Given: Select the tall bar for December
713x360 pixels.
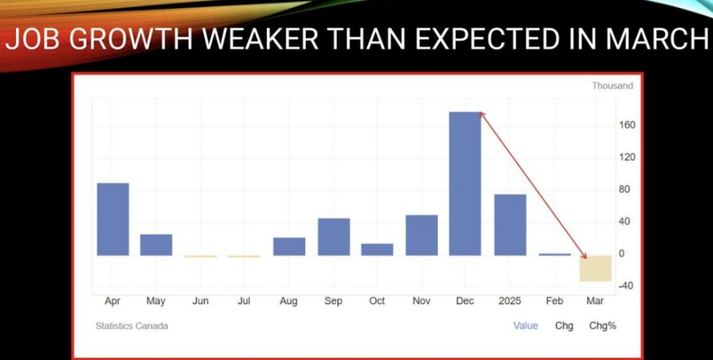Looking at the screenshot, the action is tap(464, 184).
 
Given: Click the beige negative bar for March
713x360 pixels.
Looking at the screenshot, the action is tap(595, 268).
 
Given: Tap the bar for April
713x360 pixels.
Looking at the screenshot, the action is tap(113, 219).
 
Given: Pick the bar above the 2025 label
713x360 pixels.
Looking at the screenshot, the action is tap(510, 225).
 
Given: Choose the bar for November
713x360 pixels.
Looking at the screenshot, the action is tap(421, 235).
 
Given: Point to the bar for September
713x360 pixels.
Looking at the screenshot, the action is tap(334, 237).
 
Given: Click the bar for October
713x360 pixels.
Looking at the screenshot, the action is tap(377, 249).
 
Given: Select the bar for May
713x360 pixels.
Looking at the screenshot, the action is tap(156, 244).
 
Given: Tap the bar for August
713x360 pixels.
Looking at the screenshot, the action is tap(289, 246).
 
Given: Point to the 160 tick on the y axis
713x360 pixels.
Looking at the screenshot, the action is tap(627, 125).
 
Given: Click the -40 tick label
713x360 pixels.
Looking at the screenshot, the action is tap(626, 286).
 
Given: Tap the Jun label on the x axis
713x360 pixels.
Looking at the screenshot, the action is tap(200, 301).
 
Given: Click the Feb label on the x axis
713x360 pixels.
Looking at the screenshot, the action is tap(554, 301).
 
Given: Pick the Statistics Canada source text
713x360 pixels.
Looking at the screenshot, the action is tap(132, 326).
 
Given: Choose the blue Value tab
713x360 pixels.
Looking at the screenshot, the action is tap(525, 326).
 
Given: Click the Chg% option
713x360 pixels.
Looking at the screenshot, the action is tap(602, 326).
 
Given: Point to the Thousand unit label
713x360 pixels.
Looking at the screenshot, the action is tap(612, 86).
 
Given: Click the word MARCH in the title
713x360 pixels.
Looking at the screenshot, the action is tap(657, 40).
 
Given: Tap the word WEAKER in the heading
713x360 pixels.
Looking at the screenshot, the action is tap(260, 40).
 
